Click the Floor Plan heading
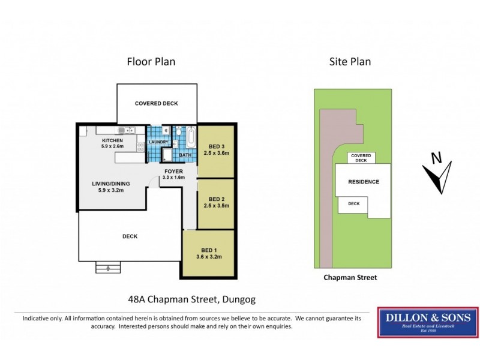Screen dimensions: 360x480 151,61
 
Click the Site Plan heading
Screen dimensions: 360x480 350,61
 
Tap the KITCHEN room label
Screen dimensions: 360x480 112,140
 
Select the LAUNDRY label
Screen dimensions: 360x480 158,142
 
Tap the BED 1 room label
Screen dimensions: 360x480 209,251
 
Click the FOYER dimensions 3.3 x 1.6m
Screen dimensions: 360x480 174,178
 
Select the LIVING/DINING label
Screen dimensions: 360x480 111,184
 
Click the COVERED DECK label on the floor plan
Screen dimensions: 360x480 156,103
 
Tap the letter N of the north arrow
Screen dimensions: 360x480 437,159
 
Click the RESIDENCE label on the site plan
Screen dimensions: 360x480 364,182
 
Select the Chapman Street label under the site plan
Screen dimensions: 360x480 350,278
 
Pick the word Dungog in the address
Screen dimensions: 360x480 242,298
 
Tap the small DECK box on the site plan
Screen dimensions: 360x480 354,204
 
